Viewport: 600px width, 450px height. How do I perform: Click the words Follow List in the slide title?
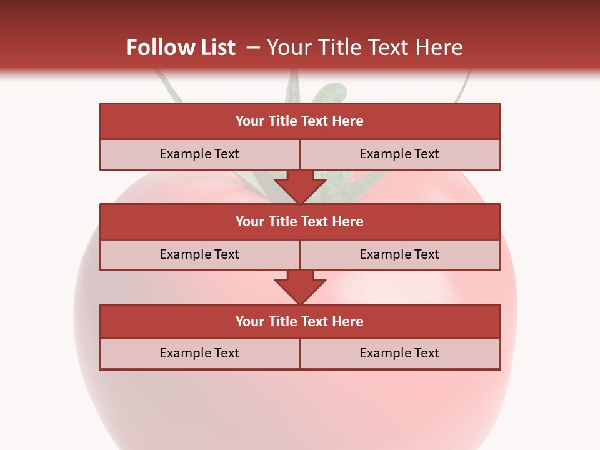tap(181, 47)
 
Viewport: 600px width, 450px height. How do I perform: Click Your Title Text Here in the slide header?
tap(364, 47)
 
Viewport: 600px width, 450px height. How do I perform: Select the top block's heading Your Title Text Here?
tap(299, 121)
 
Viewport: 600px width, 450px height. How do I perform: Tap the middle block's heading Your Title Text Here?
tap(299, 221)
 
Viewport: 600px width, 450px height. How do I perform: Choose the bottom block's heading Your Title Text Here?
tap(299, 321)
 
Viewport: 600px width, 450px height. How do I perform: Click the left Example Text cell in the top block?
tap(199, 154)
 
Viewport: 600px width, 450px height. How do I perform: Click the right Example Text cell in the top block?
tap(399, 154)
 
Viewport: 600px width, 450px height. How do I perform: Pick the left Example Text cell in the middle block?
tap(199, 254)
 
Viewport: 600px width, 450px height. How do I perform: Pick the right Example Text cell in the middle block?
tap(399, 254)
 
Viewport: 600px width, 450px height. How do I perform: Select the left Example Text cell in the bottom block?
tap(199, 353)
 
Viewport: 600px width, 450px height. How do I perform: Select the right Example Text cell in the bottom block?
tap(399, 353)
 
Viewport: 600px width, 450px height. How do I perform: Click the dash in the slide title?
tap(253, 47)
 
